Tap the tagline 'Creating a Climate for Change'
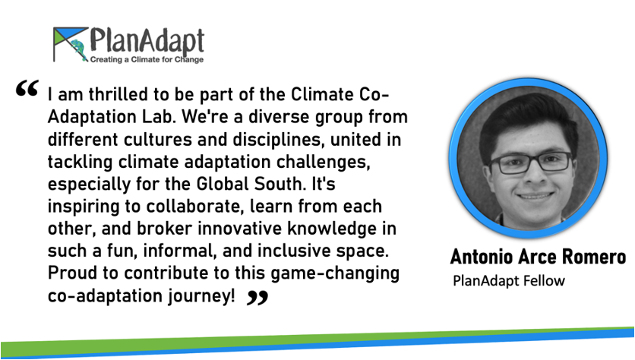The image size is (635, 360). (147, 59)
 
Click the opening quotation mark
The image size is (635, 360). (27, 88)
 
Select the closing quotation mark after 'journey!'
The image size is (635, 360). (257, 298)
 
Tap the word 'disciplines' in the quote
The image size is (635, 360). (279, 139)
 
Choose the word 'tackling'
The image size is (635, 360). (80, 162)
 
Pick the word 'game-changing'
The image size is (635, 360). (334, 273)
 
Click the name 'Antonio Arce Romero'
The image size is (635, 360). (538, 257)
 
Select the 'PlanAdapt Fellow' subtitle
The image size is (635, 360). (509, 280)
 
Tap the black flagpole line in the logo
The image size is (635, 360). (54, 45)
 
